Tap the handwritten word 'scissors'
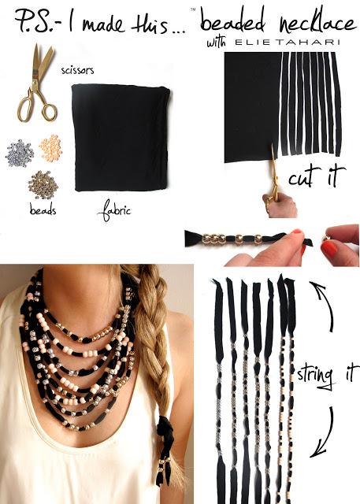tap(77, 70)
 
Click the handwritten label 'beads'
tap(43, 211)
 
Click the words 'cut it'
tap(317, 175)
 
